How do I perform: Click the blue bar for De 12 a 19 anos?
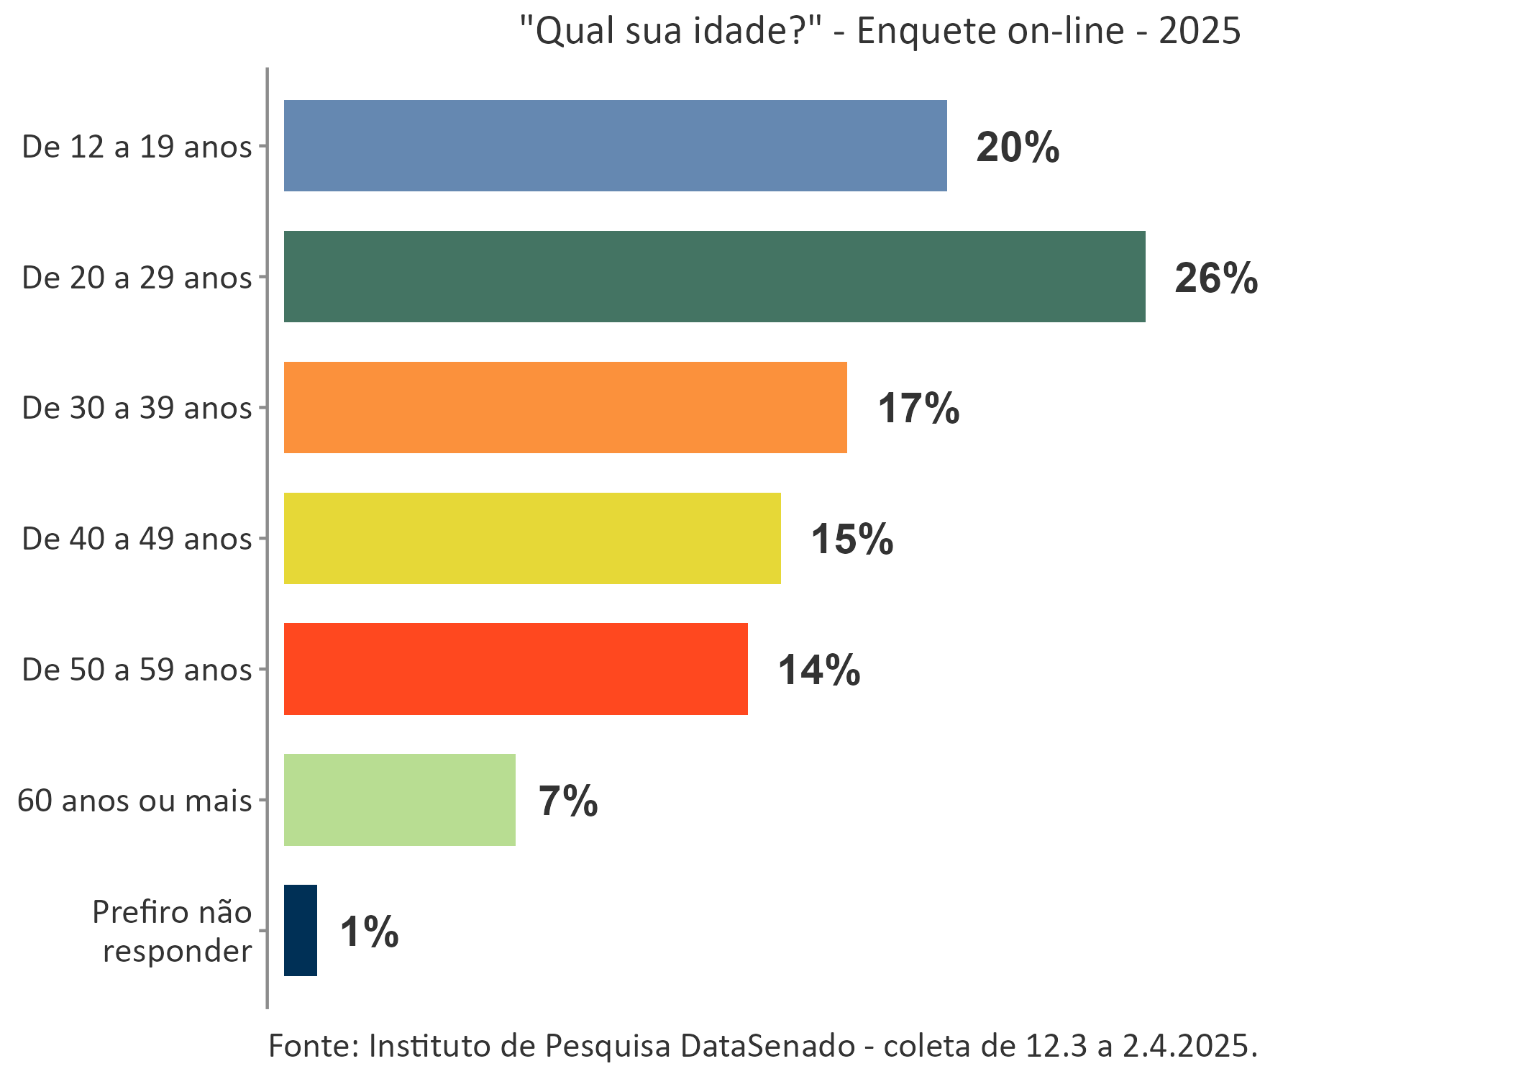615,146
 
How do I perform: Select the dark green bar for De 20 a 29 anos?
714,277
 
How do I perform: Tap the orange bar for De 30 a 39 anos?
565,407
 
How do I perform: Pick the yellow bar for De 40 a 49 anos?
532,538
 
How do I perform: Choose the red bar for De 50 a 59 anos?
516,669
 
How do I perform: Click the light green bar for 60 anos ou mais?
400,800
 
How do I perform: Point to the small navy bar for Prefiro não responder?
301,930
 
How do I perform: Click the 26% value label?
1216,278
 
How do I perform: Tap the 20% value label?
1018,147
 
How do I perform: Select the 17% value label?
918,409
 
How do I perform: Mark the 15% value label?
852,539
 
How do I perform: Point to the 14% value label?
819,670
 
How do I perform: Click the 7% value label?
568,801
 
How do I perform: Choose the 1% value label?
369,932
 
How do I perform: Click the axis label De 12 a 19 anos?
137,147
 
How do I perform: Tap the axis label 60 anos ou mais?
134,801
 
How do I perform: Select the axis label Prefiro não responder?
173,931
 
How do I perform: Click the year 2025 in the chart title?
1199,31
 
